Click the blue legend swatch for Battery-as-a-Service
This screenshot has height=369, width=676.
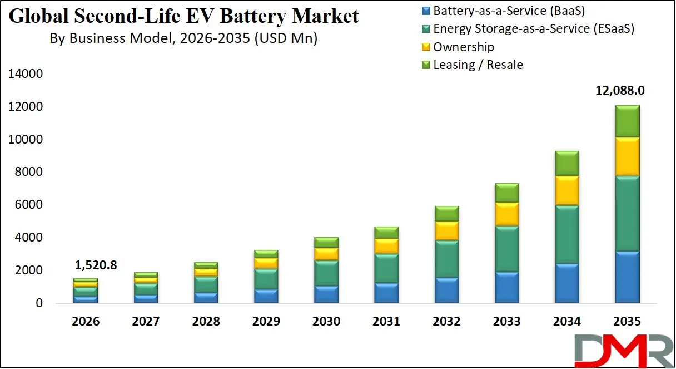(426, 11)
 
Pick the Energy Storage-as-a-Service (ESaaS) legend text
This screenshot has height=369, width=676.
(534, 28)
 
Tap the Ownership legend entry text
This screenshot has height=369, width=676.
(464, 47)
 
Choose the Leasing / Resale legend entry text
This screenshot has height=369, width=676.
(478, 65)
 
